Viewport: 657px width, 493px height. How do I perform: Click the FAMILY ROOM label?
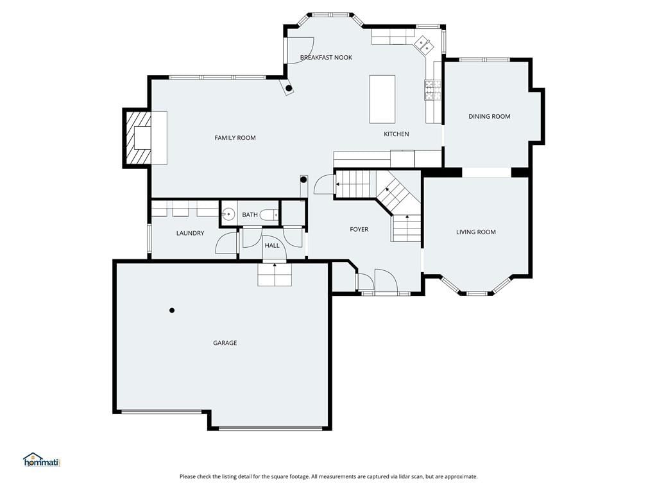[235, 138]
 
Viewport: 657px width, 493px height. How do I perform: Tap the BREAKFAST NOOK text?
[326, 57]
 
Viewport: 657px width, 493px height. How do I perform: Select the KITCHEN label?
[397, 134]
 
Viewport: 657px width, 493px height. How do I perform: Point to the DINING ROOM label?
[490, 117]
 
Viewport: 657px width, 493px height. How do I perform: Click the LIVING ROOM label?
[476, 232]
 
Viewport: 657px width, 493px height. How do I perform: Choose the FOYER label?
[359, 229]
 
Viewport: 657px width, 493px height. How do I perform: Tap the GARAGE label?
[225, 343]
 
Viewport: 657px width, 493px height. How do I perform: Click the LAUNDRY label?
[190, 233]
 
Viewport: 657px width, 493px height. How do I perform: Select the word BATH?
[250, 214]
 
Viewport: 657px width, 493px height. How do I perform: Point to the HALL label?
[272, 246]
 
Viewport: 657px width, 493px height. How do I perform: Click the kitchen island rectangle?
[382, 99]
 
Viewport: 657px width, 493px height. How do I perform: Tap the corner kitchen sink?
[423, 46]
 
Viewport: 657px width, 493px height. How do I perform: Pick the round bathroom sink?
[228, 214]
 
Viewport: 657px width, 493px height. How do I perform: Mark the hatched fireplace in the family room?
[137, 138]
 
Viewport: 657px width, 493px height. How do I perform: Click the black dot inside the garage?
[172, 311]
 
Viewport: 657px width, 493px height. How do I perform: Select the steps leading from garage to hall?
[275, 275]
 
